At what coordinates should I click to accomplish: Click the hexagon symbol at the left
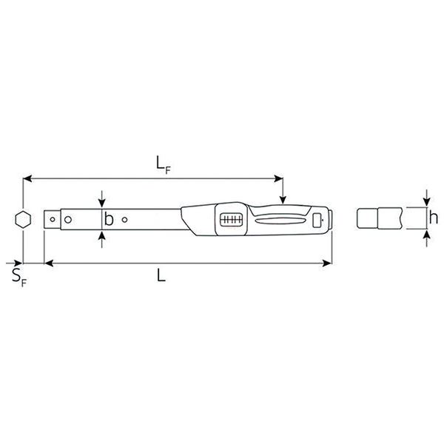[23, 220]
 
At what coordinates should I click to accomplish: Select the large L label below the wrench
[161, 276]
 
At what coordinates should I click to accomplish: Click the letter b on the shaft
[109, 220]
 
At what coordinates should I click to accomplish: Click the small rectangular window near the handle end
[317, 220]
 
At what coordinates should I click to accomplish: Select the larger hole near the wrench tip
[67, 219]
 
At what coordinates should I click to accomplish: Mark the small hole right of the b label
[125, 219]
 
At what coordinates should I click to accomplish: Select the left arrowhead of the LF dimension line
[27, 178]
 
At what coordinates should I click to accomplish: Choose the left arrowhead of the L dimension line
[49, 263]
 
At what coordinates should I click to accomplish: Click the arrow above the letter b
[101, 203]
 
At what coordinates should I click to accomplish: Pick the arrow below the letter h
[427, 235]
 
